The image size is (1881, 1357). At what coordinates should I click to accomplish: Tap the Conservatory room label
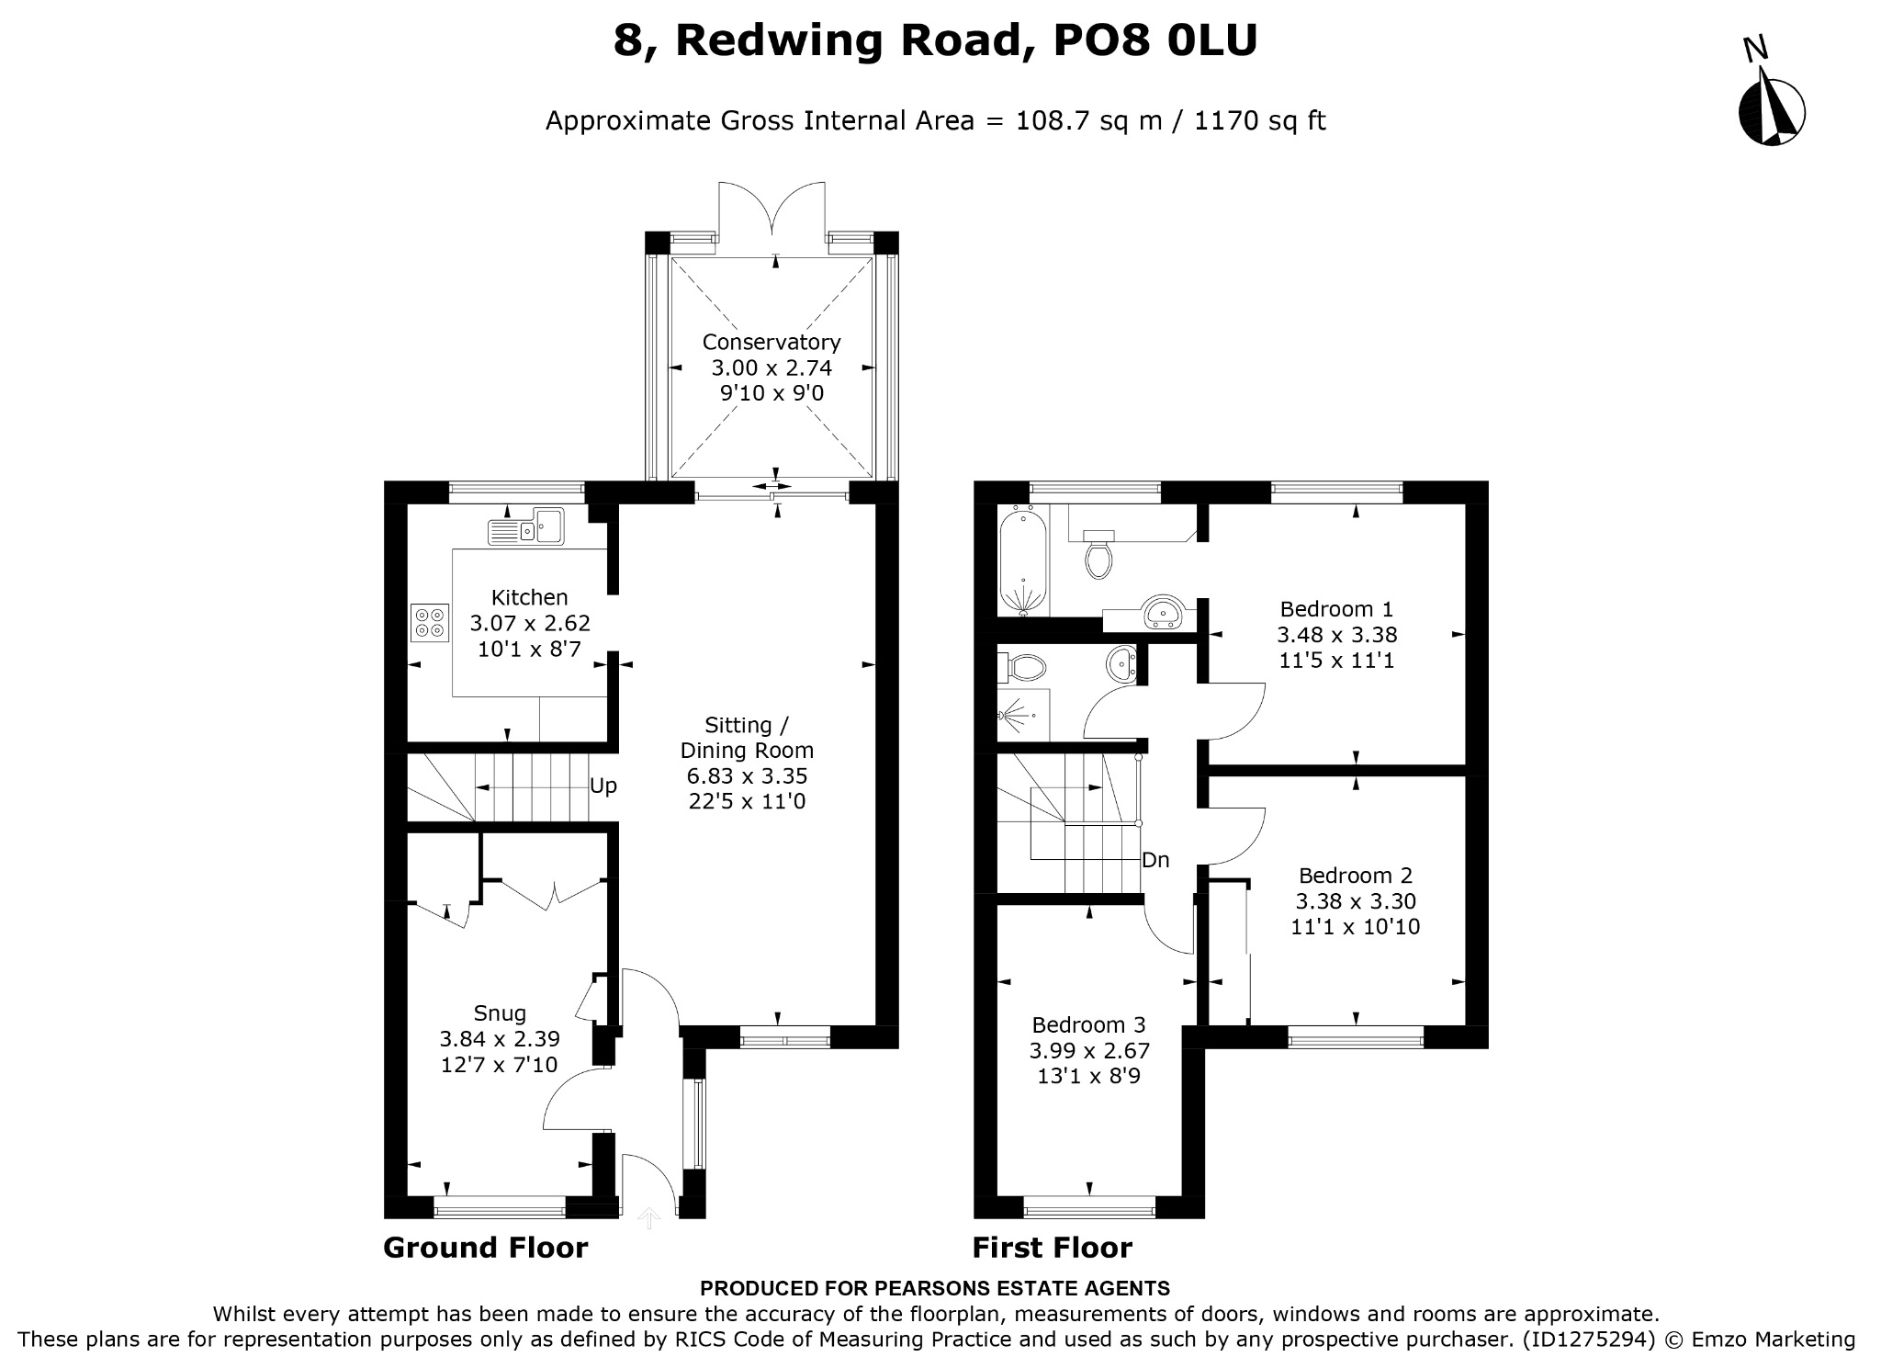point(772,342)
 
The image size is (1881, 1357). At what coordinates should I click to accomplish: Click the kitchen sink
point(527,528)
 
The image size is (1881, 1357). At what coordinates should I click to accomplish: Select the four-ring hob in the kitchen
point(430,622)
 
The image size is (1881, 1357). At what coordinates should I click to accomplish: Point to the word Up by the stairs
point(603,786)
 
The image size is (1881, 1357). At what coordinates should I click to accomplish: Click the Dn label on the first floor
point(1155,860)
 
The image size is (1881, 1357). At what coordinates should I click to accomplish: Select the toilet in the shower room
point(1023,668)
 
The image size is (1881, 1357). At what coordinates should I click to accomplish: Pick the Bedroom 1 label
point(1337,608)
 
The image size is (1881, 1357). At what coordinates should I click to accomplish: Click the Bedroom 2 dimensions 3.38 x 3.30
point(1356,901)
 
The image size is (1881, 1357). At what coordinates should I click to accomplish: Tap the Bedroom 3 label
point(1089,1024)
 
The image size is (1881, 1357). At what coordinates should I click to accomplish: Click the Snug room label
point(500,1013)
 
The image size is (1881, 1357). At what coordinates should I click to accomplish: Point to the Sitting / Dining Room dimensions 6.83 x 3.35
point(748,775)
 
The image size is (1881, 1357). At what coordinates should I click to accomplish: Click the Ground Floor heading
point(485,1248)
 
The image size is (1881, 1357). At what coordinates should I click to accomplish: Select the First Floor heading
point(1053,1248)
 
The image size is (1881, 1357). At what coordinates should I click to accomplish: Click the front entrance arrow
point(649,1218)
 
